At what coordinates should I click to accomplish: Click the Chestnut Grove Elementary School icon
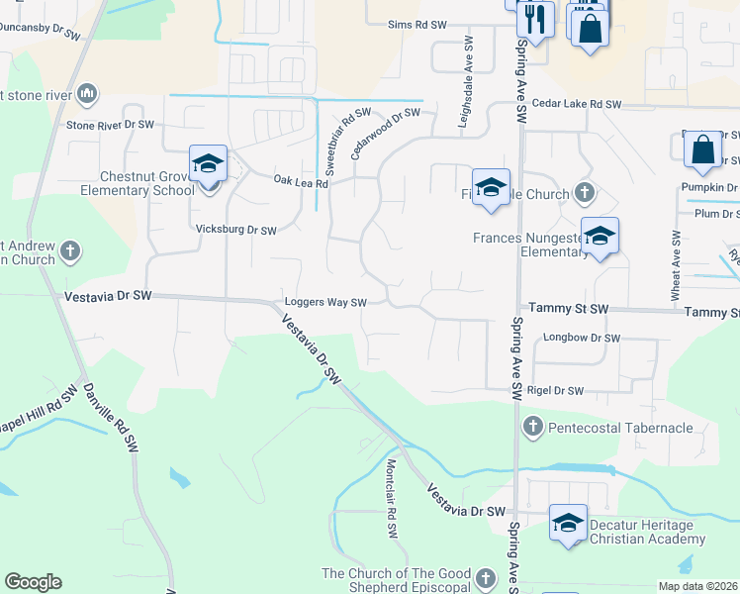click(209, 164)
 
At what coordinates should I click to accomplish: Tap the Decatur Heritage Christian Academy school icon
click(568, 525)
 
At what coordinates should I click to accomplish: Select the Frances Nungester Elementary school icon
click(600, 237)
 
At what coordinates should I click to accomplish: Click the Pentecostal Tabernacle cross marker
click(532, 427)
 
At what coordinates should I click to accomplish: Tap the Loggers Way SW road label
click(325, 303)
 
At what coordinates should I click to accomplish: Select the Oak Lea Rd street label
click(300, 180)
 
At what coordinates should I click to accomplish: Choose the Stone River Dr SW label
click(110, 126)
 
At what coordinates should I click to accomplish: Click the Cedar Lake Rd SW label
click(576, 104)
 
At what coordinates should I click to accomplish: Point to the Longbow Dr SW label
click(582, 339)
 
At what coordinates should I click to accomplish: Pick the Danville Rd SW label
click(110, 418)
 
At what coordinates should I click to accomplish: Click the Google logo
click(33, 582)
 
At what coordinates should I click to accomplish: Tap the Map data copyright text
click(696, 586)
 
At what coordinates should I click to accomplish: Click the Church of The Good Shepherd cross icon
click(485, 577)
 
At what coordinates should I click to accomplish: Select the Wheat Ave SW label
click(676, 265)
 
